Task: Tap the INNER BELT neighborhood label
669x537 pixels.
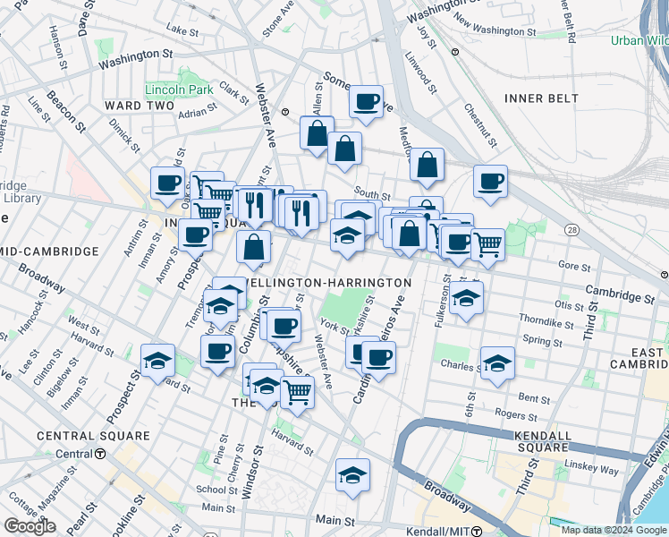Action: tap(537, 98)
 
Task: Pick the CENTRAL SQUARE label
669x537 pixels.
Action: tap(93, 436)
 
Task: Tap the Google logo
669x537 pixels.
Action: tap(30, 526)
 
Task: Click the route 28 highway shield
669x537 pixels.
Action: tap(571, 232)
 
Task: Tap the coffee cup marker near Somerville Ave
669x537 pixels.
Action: tap(365, 101)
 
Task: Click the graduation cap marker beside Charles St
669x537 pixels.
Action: tap(497, 363)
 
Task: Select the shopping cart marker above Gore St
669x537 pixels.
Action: tap(487, 243)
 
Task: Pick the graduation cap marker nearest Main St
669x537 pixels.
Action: tap(353, 474)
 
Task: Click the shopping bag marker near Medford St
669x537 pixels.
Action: tap(428, 164)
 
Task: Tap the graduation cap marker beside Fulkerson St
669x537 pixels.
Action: tap(466, 298)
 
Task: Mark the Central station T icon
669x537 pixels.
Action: tap(98, 454)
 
